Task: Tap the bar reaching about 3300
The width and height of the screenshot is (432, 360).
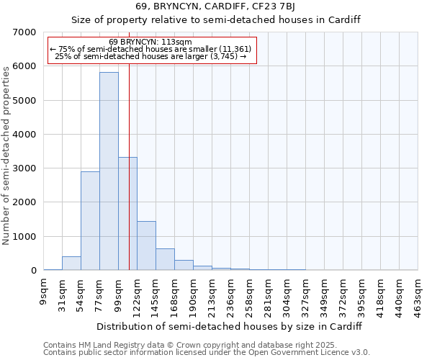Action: [127, 214]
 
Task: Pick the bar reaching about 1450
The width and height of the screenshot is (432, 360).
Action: [146, 246]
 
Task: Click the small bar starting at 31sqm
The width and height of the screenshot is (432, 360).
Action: [71, 264]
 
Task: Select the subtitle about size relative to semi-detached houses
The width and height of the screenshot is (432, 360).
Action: [216, 19]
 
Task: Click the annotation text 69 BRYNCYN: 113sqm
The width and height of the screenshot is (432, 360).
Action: [150, 42]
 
